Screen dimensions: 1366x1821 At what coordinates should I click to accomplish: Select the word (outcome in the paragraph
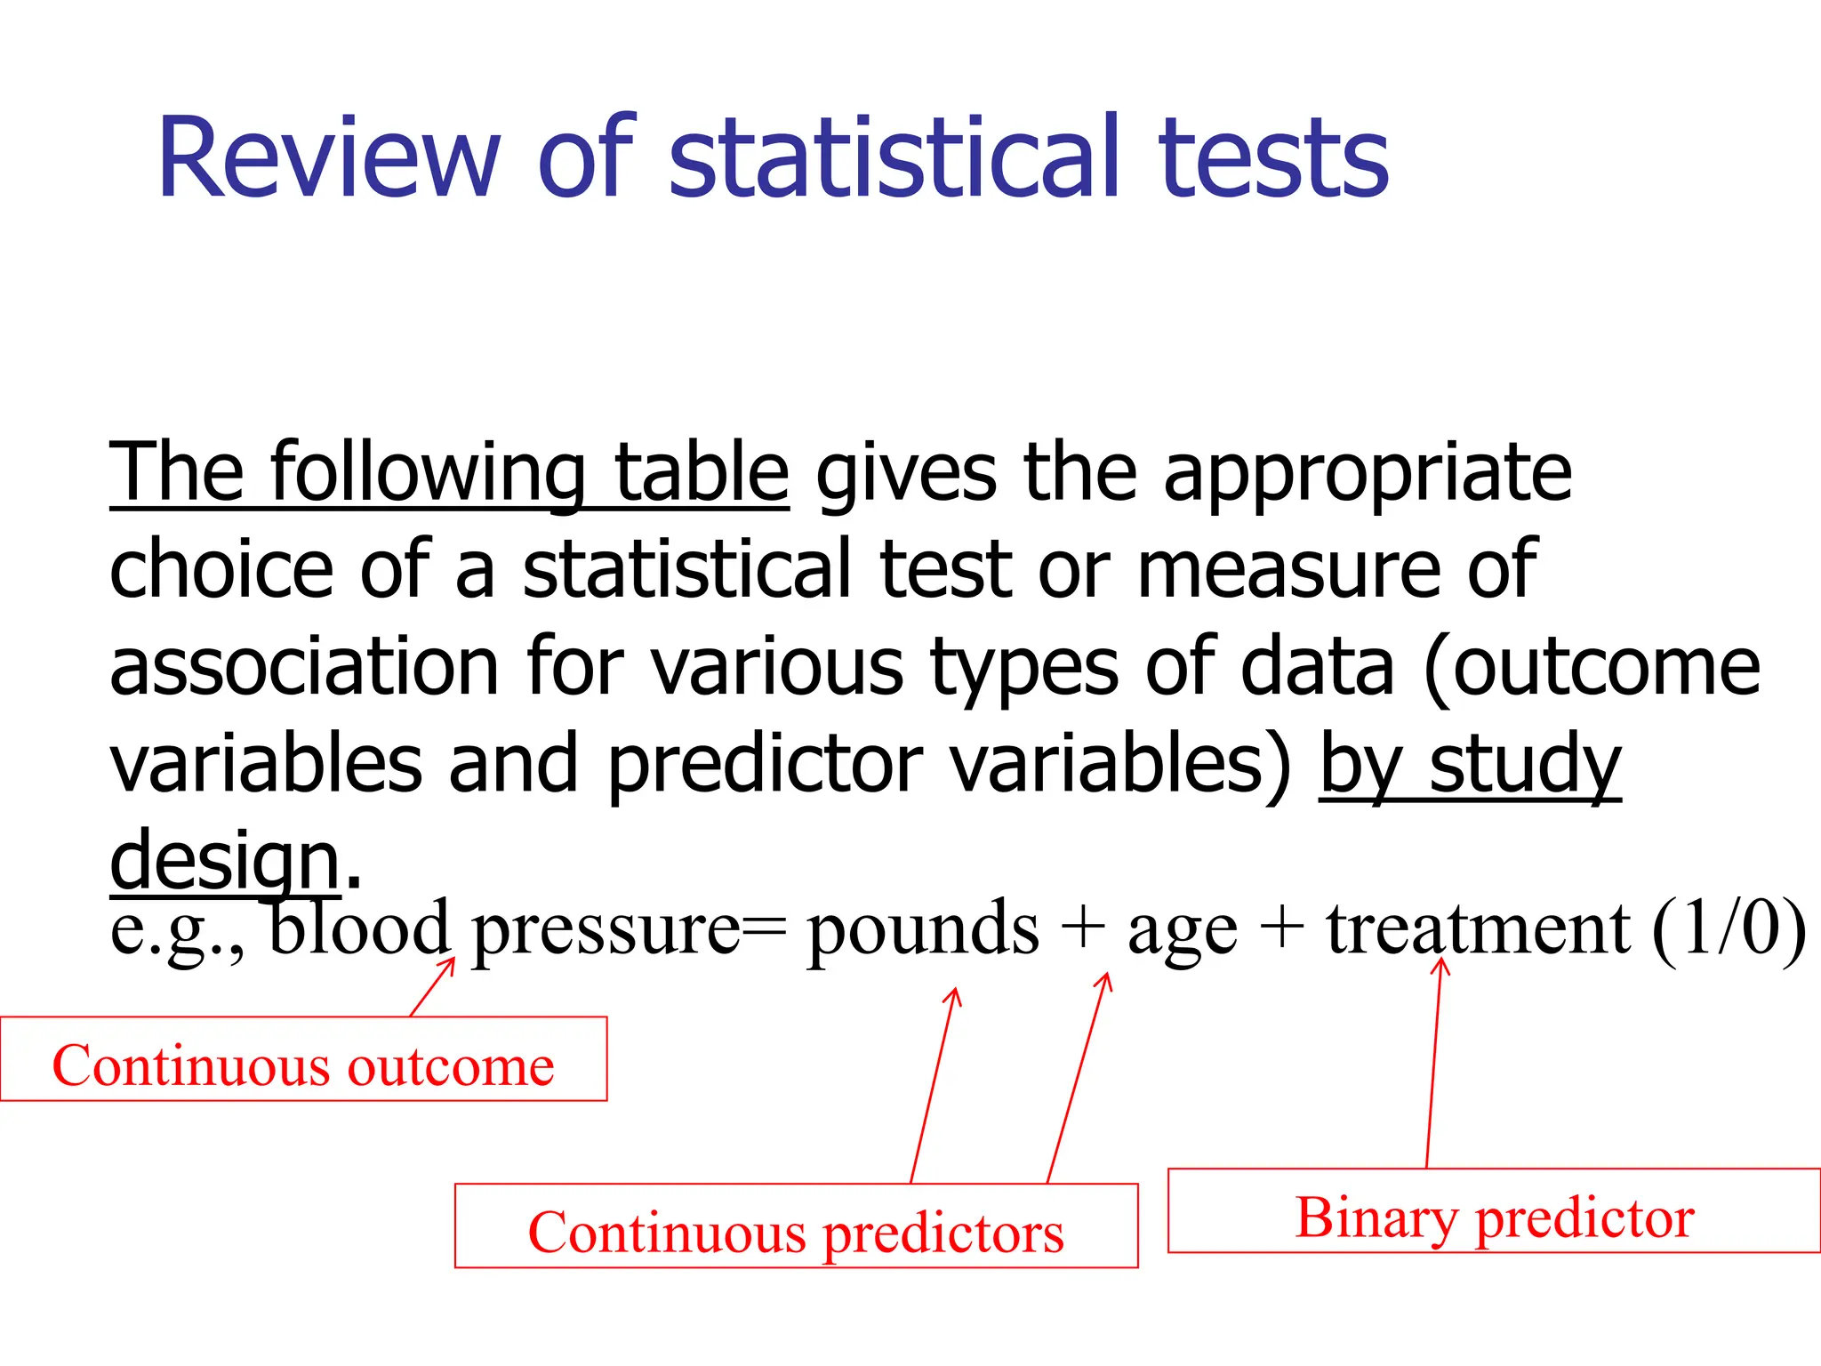[1592, 667]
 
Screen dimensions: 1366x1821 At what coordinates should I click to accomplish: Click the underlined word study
[1525, 765]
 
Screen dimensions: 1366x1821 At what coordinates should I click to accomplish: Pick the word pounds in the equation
[922, 929]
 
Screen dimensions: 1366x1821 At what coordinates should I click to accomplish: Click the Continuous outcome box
[303, 1059]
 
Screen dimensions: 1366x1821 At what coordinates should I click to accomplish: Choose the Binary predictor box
[1494, 1210]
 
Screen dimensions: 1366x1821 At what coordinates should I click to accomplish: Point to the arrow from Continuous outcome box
[433, 986]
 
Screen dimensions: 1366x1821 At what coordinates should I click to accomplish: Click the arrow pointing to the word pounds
[933, 1085]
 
